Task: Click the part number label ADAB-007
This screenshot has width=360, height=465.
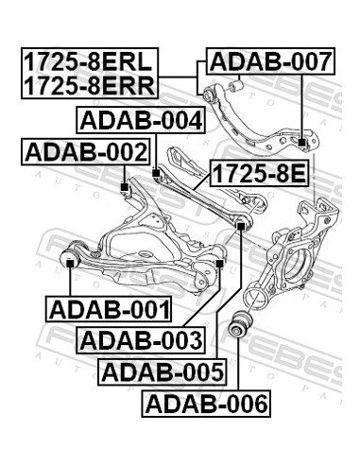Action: (270, 63)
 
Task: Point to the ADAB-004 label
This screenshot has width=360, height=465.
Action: (140, 121)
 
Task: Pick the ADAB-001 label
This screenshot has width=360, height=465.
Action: (107, 309)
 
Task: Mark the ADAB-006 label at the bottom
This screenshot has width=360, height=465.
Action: (205, 405)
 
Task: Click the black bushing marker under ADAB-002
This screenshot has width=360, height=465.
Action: (125, 187)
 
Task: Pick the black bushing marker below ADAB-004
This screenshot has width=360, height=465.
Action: (157, 174)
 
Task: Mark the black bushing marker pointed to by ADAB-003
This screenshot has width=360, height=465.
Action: (219, 263)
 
